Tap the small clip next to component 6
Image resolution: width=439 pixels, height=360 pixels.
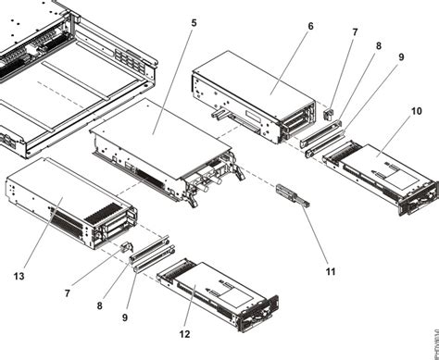328,114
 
